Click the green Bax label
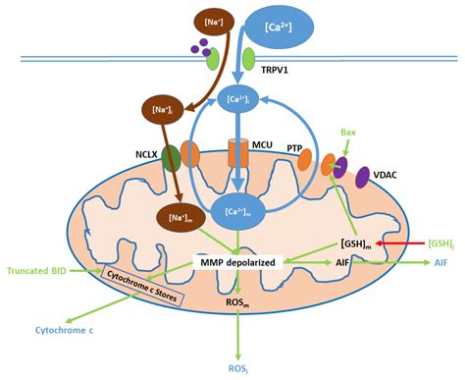(346, 131)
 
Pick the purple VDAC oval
(361, 178)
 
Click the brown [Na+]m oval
(179, 217)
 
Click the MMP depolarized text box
(239, 262)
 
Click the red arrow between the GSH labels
(402, 242)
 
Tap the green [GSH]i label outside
(441, 242)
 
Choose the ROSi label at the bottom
(238, 368)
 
